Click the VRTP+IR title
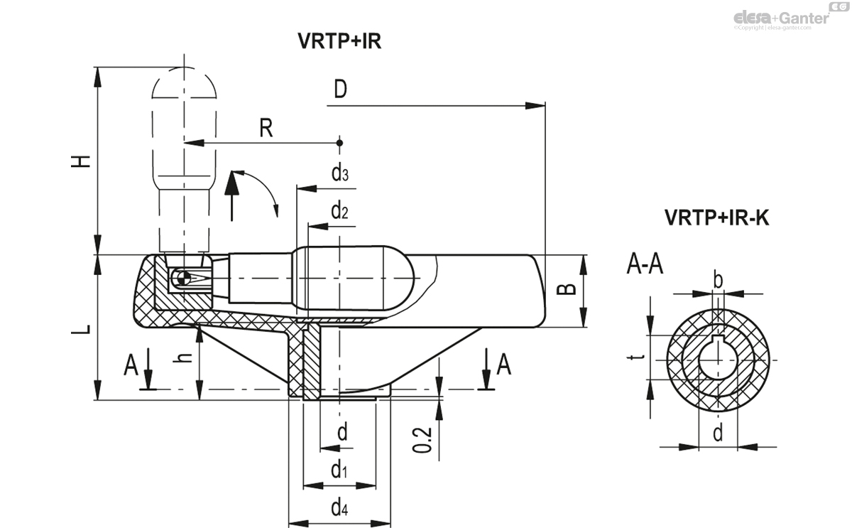[339, 41]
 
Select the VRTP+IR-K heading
[716, 217]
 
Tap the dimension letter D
[340, 90]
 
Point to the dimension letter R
[266, 128]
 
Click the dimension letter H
[83, 161]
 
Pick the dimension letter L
[83, 329]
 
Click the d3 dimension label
[339, 173]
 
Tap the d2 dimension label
[339, 210]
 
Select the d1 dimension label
[339, 470]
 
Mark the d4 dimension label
[339, 507]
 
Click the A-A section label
[645, 264]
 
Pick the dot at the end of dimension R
[340, 143]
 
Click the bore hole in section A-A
[718, 360]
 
